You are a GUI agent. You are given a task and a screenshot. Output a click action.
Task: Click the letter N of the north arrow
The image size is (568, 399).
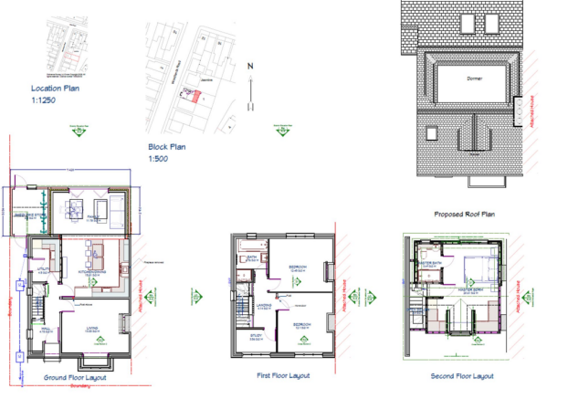[x=250, y=66]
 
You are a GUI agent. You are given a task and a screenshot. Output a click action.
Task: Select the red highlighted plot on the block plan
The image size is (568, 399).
[x=193, y=96]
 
